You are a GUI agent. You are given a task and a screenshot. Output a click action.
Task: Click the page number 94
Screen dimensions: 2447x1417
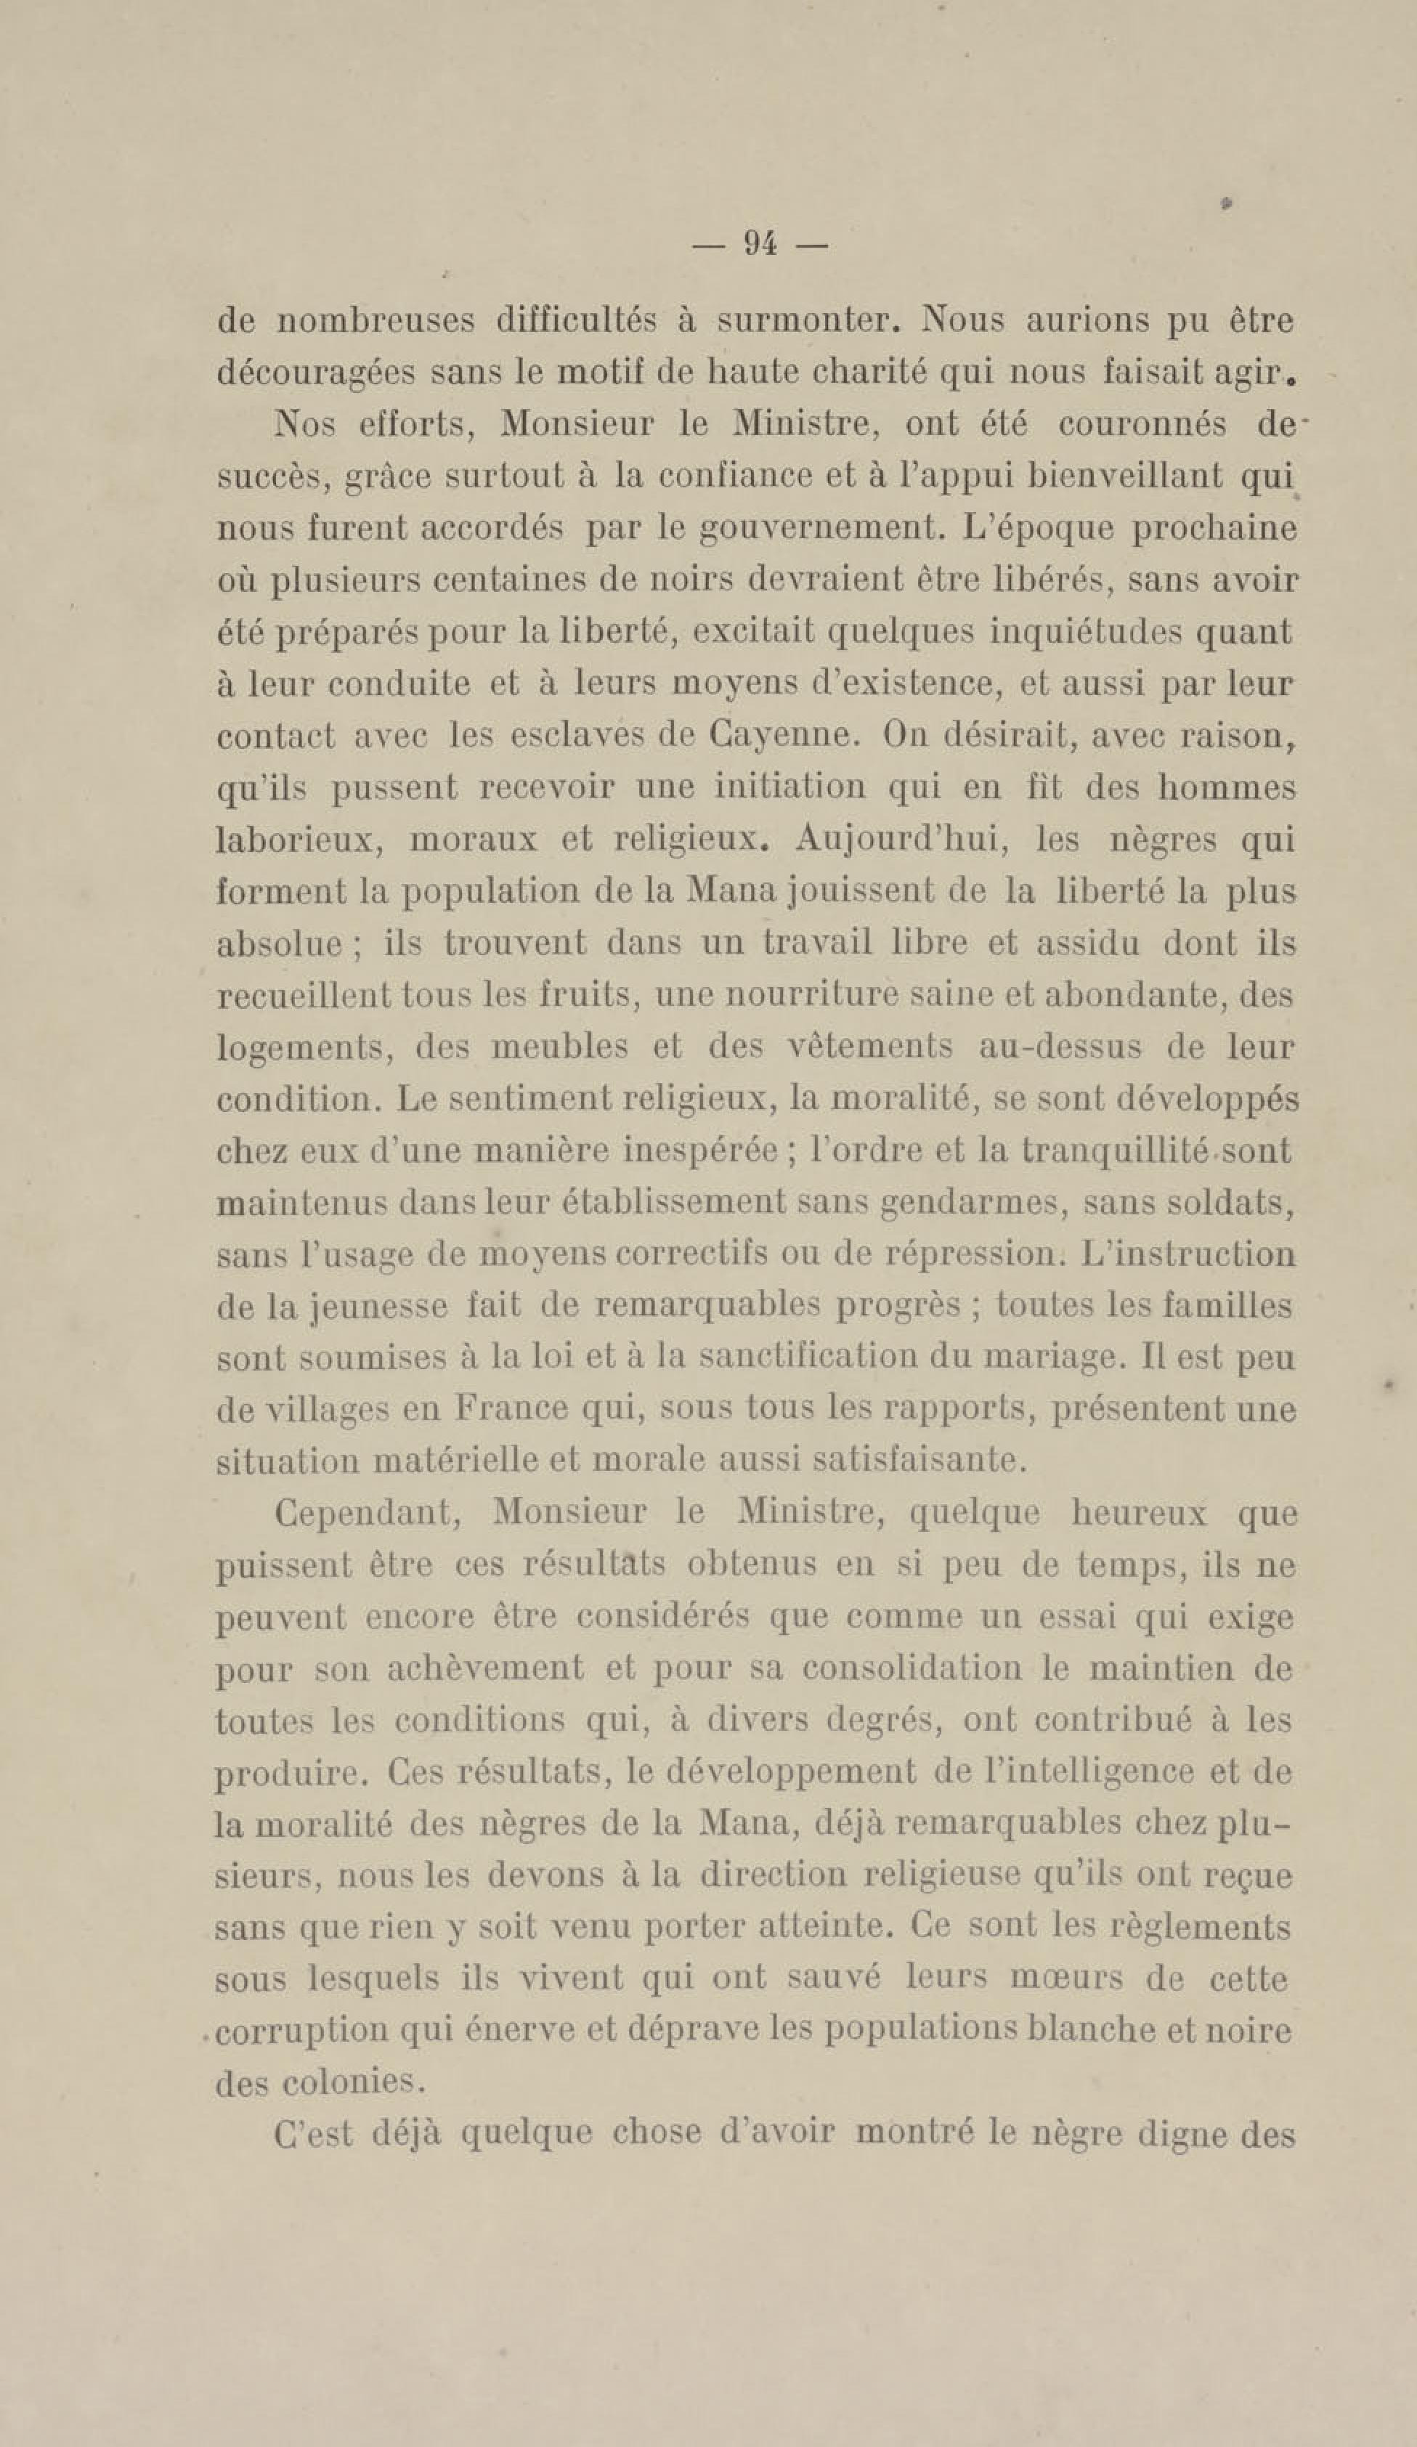[x=758, y=245]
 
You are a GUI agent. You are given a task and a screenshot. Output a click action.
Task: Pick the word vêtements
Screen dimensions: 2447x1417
[x=869, y=1047]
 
